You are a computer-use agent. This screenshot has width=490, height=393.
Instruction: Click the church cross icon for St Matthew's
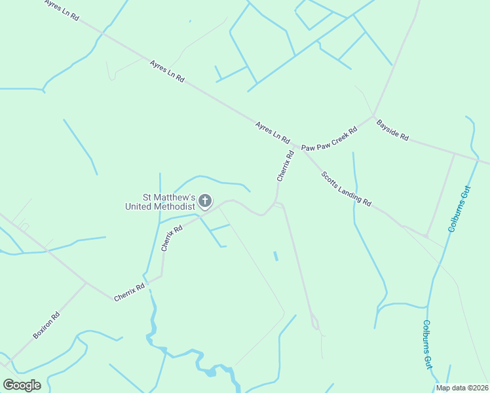pos(204,201)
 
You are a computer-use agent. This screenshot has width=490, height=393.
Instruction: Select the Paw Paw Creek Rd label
pos(329,139)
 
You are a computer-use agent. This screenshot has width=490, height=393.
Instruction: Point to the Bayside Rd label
pos(392,130)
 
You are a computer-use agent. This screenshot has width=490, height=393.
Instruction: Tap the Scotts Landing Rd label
pos(346,189)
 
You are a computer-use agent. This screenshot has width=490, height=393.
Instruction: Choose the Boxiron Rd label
pos(46,326)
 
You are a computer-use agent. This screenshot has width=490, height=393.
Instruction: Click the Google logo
pos(22,385)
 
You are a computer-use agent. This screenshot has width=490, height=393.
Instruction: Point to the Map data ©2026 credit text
pos(462,388)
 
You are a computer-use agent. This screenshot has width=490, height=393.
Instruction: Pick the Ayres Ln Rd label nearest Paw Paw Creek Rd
pos(272,132)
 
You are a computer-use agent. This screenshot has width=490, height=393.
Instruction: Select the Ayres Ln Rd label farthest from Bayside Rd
pos(62,10)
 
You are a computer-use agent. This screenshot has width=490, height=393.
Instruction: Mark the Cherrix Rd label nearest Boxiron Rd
pos(129,292)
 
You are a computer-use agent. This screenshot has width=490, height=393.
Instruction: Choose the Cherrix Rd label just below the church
pos(171,239)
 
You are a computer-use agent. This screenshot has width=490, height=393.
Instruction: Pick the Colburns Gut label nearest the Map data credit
pos(427,344)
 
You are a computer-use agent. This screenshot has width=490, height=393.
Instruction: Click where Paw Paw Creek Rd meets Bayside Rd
pos(374,117)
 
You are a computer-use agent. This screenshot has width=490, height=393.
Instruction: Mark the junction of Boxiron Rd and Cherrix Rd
pos(86,283)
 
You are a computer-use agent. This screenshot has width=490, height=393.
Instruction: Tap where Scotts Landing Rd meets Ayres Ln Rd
pos(301,147)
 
